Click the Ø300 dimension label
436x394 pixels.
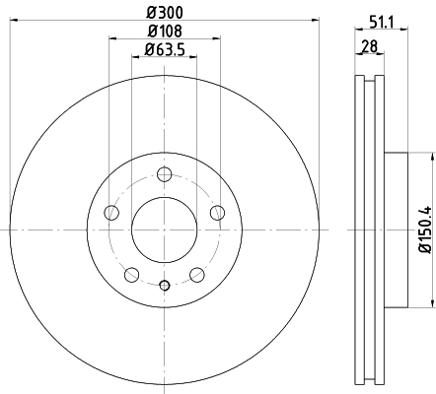coord(165,13)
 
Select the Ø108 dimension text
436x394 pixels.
coord(165,32)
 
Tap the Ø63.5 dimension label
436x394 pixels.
coord(165,50)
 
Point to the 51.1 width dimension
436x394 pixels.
coord(381,23)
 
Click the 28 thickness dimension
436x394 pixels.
coord(370,46)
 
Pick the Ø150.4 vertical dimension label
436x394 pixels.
coord(426,230)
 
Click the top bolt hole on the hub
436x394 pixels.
coord(164,174)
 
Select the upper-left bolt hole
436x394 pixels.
coord(111,213)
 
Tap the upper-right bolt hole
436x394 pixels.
coord(217,213)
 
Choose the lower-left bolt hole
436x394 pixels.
coord(131,275)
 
